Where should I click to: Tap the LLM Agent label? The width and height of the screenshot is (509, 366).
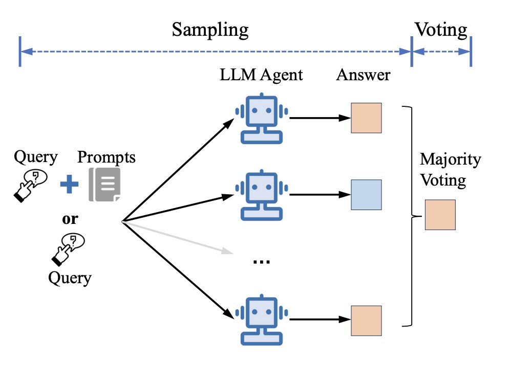261,75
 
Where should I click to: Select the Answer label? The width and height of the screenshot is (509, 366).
363,75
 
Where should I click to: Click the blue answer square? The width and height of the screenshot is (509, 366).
366,195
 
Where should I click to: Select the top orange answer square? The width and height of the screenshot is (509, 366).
366,118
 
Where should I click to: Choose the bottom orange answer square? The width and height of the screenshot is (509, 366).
366,321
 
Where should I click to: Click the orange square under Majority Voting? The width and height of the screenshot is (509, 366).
440,215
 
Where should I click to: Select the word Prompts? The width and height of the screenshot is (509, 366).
107,157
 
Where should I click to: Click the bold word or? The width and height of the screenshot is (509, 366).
70,219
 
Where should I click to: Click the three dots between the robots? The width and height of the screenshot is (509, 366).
261,261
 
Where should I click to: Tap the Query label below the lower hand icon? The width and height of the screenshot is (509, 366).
70,278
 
